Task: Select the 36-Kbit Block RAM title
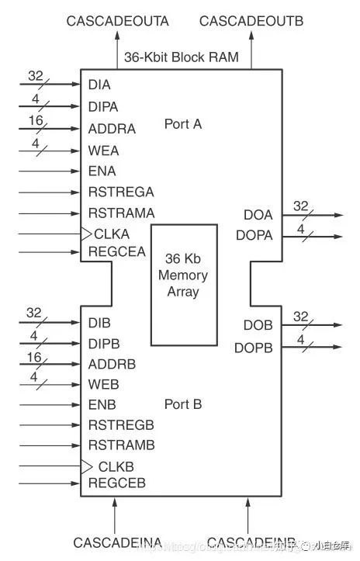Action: pos(182,57)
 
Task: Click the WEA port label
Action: pos(103,151)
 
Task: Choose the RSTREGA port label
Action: pos(121,192)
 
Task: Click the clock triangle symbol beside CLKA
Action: pos(86,233)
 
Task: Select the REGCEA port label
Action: pos(117,251)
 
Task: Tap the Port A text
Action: pos(183,124)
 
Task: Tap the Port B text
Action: pos(183,403)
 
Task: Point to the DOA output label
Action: pos(258,215)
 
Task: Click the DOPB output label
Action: pos(254,349)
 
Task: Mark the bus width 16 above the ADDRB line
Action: pos(33,356)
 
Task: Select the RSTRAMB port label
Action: pos(121,445)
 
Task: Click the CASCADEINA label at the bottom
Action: pos(117,542)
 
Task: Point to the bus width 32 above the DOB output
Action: pos(300,316)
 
